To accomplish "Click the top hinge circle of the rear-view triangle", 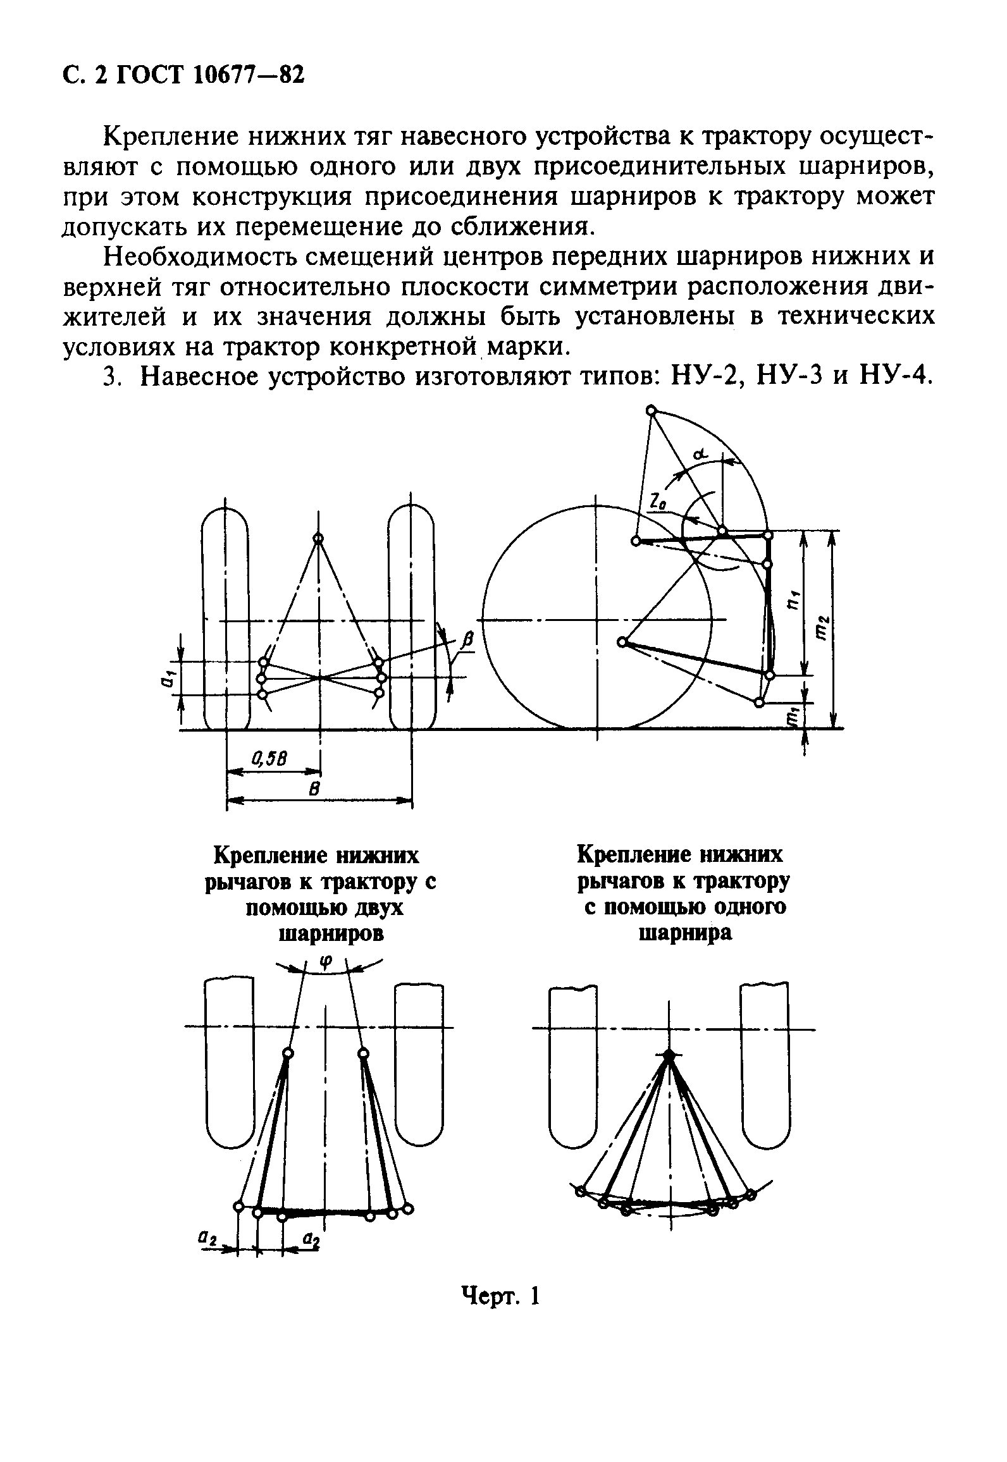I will point(318,539).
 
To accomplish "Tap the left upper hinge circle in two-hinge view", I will point(288,1053).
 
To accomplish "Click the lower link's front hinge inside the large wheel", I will point(622,642).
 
